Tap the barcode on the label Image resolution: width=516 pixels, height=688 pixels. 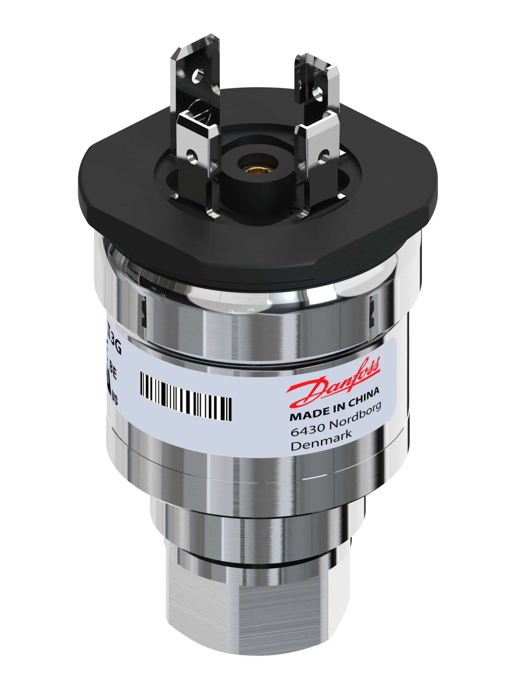click(186, 396)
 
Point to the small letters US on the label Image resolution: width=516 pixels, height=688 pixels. click(115, 400)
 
